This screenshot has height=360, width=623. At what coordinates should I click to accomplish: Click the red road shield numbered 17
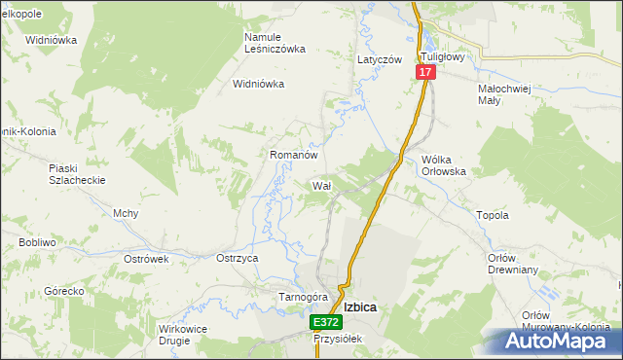425,73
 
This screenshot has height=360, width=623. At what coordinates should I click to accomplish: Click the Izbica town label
359,306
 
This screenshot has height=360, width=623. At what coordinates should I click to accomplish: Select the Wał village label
321,185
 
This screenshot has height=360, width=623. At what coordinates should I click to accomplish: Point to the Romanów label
294,155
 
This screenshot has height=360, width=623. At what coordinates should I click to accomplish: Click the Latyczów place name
380,59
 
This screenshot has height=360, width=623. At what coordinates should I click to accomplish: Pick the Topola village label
492,215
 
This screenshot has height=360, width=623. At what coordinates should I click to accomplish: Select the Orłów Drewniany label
506,264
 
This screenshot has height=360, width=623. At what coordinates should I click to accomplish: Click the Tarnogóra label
301,297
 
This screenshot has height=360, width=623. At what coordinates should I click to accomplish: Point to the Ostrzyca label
237,258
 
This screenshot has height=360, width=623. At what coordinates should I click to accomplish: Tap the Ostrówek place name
147,259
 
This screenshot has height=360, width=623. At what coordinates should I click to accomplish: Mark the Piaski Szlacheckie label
77,174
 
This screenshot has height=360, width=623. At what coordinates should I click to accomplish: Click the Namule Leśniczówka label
275,43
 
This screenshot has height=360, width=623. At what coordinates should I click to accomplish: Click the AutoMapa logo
559,342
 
